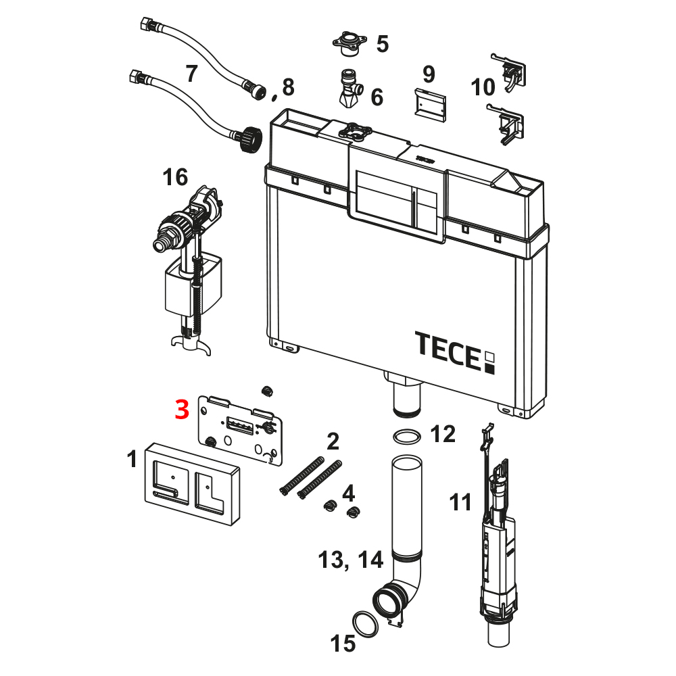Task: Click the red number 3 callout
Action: [x=182, y=410]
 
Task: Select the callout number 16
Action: [x=175, y=178]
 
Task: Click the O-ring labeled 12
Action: [x=405, y=437]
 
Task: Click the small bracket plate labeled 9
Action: [x=430, y=103]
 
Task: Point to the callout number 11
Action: [x=461, y=503]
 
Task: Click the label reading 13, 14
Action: [x=351, y=560]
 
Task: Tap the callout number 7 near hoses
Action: [x=191, y=73]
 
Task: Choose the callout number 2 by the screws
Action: [x=333, y=442]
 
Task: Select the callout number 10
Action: [x=483, y=87]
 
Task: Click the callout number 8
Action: [x=289, y=87]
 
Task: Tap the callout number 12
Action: [x=443, y=434]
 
